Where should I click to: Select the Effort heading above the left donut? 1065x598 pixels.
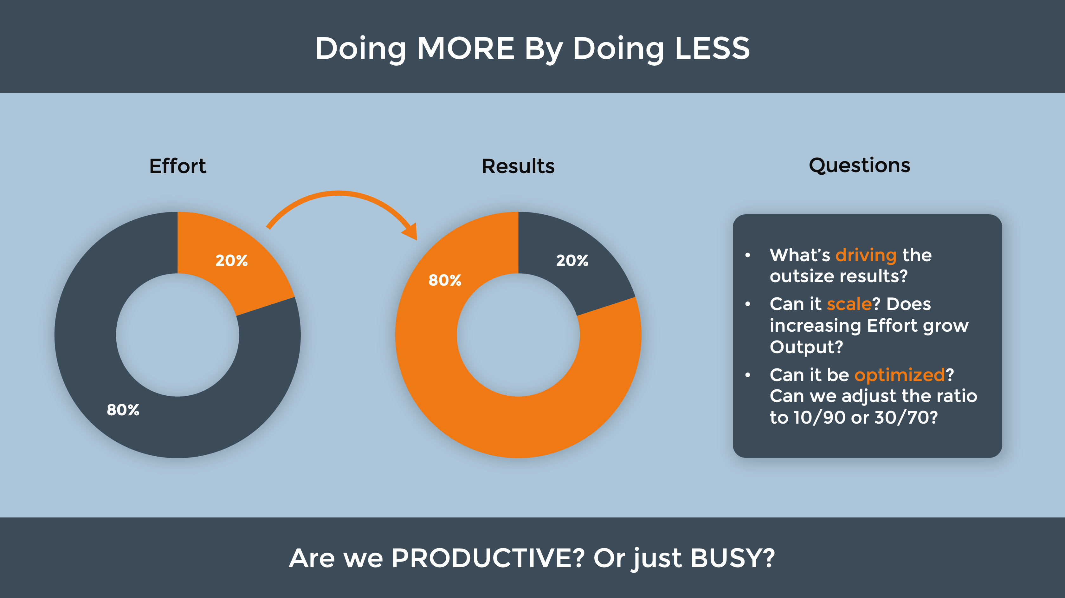click(x=178, y=166)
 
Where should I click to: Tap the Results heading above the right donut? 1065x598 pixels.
click(x=518, y=166)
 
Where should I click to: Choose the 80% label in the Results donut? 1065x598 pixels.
click(x=445, y=280)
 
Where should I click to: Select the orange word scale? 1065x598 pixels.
click(x=849, y=304)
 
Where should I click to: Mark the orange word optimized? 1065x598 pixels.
click(x=900, y=375)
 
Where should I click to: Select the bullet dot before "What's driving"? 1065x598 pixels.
click(x=747, y=255)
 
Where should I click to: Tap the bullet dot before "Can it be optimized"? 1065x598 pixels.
click(x=747, y=375)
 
